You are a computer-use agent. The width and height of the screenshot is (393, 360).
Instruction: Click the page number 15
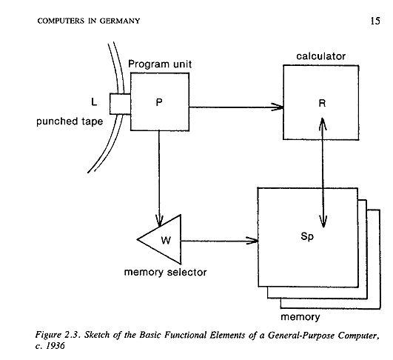[375, 21]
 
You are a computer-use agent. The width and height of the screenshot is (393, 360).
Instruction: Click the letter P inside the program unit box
[159, 102]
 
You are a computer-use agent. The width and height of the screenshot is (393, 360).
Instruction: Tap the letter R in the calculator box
[322, 103]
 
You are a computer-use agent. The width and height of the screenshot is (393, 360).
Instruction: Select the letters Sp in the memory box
[307, 236]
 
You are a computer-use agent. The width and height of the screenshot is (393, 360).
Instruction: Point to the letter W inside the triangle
[166, 240]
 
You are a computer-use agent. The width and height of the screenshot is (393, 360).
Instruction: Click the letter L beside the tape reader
[94, 102]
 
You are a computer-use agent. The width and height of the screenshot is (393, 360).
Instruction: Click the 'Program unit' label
[160, 64]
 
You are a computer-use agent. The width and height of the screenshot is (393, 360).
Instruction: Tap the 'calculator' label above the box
[320, 56]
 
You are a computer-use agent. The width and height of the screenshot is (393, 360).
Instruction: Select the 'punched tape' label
[70, 121]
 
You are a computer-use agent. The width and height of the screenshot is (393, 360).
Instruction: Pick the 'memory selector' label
[166, 272]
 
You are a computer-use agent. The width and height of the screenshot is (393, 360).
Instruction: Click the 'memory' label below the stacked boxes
[300, 317]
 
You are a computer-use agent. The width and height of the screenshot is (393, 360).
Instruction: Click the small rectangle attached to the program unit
[120, 104]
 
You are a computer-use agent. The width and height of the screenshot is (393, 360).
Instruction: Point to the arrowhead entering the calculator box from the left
[278, 107]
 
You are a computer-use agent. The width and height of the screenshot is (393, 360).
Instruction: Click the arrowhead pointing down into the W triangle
[159, 221]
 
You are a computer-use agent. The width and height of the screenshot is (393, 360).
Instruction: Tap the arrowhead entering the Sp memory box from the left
[252, 241]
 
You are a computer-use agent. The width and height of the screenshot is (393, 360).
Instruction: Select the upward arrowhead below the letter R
[323, 124]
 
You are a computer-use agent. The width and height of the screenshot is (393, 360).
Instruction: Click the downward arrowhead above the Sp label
[323, 221]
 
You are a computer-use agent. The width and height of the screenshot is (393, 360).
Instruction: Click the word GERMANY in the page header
[120, 21]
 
